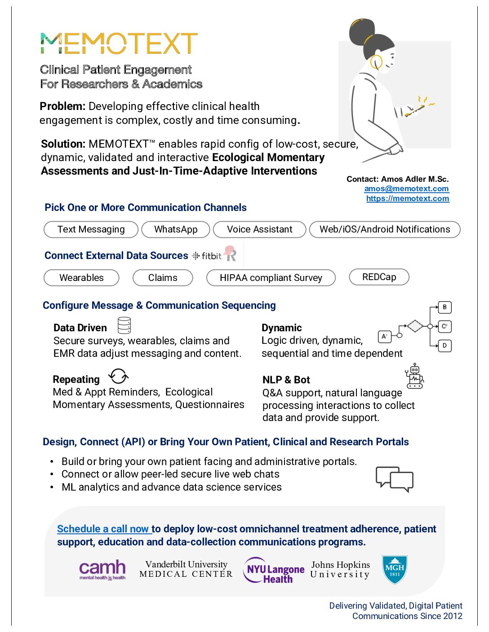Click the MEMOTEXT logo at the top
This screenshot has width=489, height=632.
(x=119, y=44)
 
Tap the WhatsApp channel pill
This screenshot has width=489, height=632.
(x=176, y=229)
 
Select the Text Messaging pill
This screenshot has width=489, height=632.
(x=91, y=229)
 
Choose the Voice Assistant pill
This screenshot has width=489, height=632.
(x=259, y=229)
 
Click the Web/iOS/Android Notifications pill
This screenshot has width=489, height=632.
(x=385, y=229)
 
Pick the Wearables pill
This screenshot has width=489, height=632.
(x=81, y=278)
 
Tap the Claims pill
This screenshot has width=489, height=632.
(x=163, y=278)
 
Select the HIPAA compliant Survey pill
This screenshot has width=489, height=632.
(x=271, y=278)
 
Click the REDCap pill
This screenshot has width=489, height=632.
(x=379, y=277)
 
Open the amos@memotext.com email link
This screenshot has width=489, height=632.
(x=406, y=189)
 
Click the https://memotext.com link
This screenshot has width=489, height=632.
(x=407, y=198)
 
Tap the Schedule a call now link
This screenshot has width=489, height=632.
(x=103, y=529)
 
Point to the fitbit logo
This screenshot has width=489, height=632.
(x=208, y=256)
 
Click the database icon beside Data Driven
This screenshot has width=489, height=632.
(x=124, y=325)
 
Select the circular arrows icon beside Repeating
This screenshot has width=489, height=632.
(x=119, y=376)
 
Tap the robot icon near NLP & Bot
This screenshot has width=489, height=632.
(x=414, y=376)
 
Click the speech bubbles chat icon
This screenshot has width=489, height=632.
(x=394, y=479)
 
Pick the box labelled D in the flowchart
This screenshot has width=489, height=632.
(x=445, y=346)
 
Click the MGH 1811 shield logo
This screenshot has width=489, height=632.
(x=394, y=570)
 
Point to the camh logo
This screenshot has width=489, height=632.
(x=102, y=570)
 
